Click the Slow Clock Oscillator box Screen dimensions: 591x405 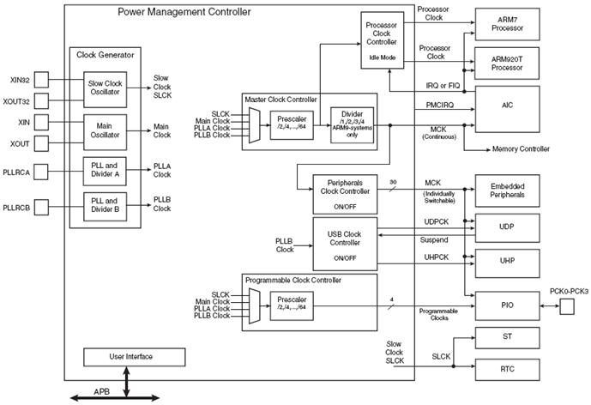[105, 90]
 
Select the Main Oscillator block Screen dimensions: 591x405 [105, 132]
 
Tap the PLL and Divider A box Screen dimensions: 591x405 [105, 172]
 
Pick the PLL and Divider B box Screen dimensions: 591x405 [105, 207]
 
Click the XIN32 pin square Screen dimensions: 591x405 [41, 80]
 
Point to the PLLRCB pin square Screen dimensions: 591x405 [41, 208]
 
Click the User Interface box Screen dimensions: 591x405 [134, 357]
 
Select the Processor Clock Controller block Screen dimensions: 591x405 [383, 40]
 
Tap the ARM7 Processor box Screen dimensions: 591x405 [507, 24]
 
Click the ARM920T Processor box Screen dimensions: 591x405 [507, 63]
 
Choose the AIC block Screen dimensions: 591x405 [507, 109]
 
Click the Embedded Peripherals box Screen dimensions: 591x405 [507, 190]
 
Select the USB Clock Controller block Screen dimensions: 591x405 [345, 244]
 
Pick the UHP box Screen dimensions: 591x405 [507, 263]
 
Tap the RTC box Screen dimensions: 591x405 [507, 370]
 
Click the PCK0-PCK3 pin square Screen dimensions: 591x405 [567, 306]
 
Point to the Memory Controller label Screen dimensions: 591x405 [521, 149]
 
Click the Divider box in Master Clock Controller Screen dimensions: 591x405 [352, 125]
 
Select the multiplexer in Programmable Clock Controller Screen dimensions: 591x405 [255, 306]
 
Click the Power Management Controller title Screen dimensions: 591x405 [184, 12]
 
